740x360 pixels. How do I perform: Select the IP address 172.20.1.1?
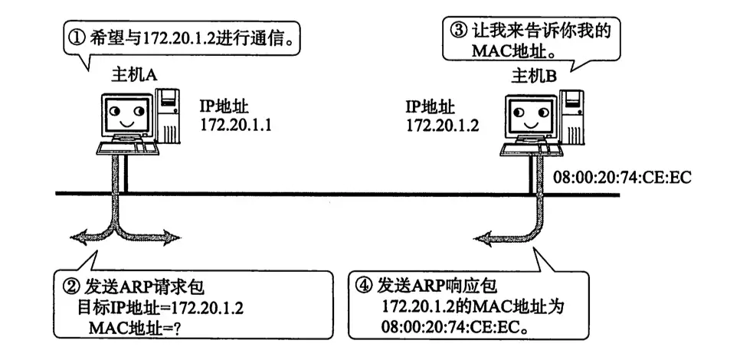(x=236, y=125)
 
